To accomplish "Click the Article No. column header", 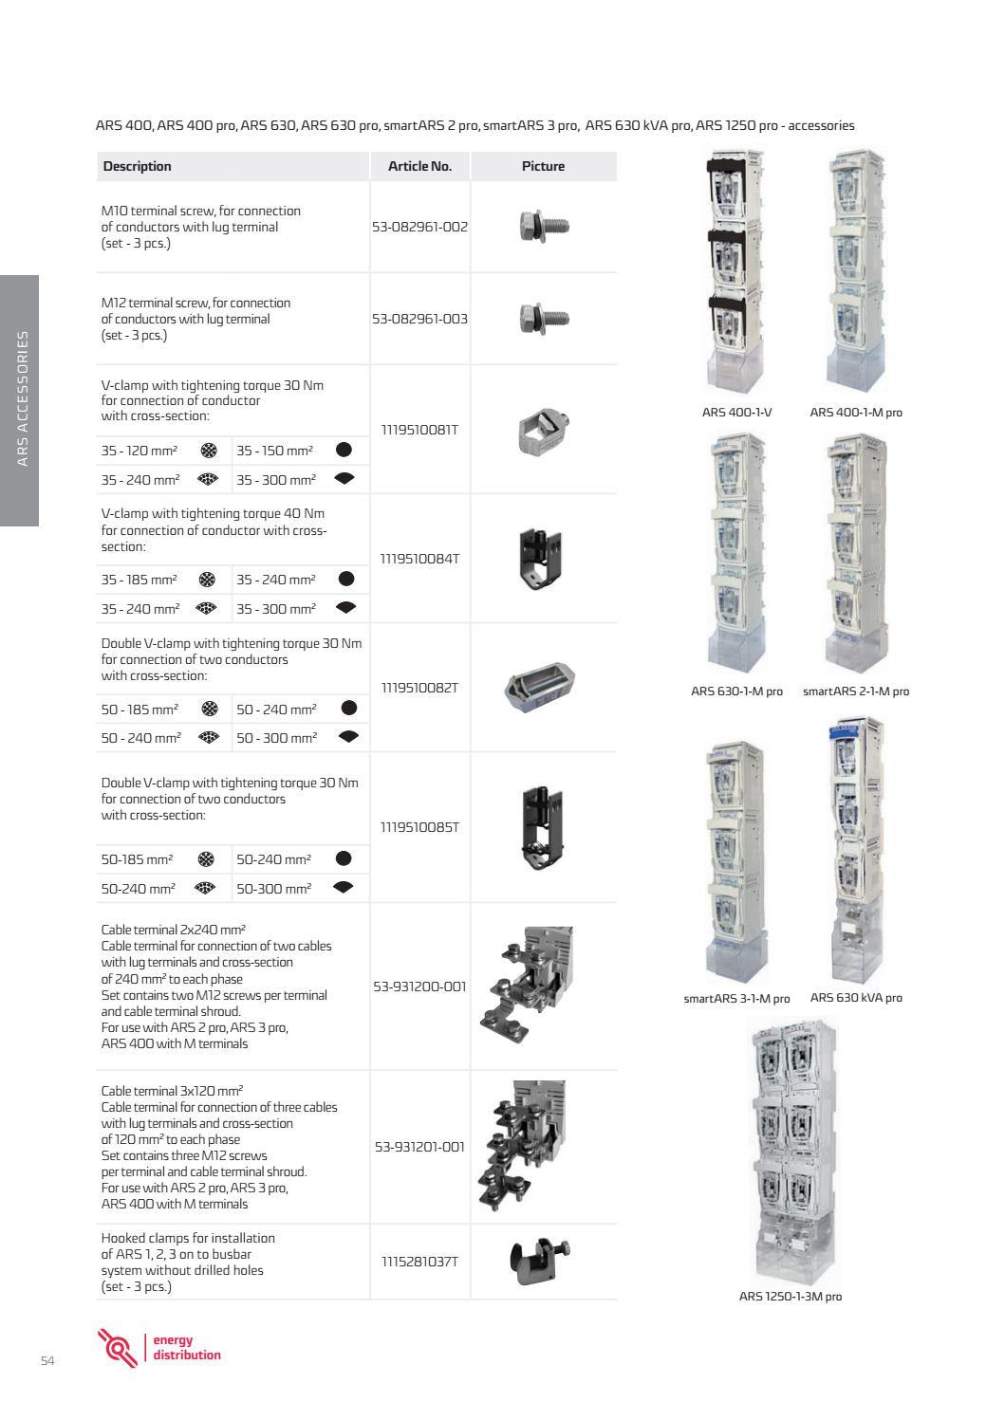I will click(419, 166).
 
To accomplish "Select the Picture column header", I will click(543, 166).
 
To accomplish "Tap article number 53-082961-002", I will click(419, 228).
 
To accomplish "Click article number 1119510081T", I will click(419, 430).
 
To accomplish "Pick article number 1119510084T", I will click(419, 559).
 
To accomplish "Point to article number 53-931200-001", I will click(419, 987).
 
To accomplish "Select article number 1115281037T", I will click(419, 1262).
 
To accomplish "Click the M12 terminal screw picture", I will click(543, 318).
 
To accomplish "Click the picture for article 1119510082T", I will click(540, 686).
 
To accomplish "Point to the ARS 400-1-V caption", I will click(736, 412).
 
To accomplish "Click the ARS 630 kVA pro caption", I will click(856, 998).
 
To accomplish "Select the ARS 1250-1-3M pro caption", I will click(790, 1296).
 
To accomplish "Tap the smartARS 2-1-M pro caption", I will click(855, 692).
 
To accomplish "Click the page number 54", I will click(47, 1362).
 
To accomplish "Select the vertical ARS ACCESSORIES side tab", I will click(20, 400).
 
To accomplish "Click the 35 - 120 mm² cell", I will click(140, 451).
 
